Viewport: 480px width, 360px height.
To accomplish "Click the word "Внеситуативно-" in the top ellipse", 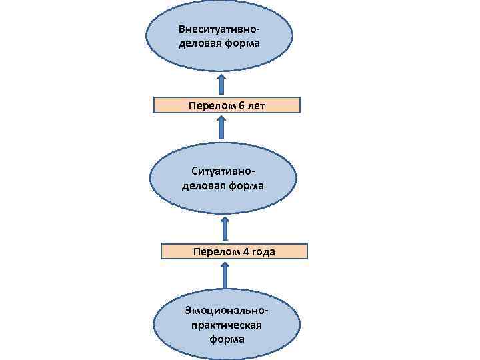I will coord(219,30).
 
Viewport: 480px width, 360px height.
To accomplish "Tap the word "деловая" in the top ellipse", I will coord(199,43).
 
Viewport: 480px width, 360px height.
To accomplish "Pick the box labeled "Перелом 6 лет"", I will coord(227,105).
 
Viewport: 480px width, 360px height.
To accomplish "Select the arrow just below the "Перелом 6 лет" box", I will coord(221,127).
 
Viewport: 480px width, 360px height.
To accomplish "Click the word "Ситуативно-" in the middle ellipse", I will coord(223,173).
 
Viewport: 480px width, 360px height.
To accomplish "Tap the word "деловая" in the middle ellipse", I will coord(202,186).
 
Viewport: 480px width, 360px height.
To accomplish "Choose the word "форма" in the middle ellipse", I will coord(244,186).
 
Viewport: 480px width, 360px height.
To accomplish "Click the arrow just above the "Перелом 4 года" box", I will coord(225,228).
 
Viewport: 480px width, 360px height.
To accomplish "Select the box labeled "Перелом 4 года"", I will coord(234,251).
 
